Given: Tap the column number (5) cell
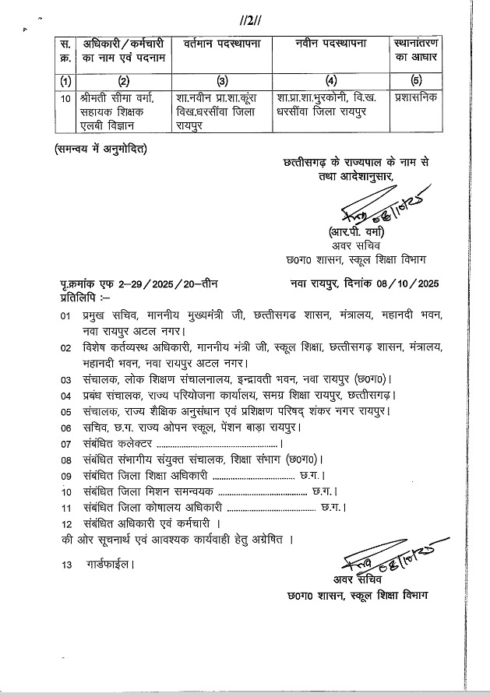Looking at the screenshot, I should tap(415, 79).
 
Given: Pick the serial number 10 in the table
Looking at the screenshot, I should tap(65, 99).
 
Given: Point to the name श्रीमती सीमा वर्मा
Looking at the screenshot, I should tap(118, 99).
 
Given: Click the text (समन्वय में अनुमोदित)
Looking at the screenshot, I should tap(101, 149).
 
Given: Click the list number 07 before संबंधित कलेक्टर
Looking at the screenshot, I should tap(65, 443).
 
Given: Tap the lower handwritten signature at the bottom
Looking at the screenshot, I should tap(379, 558).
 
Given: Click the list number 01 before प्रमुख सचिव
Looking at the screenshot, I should tap(65, 315).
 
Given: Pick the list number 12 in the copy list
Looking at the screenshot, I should tap(65, 523).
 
